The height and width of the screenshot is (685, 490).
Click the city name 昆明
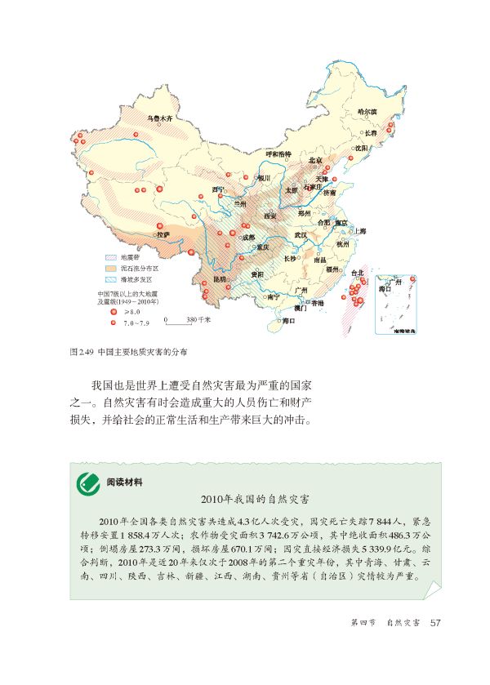tap(219, 278)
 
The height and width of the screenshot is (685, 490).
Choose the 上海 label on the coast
tap(359, 231)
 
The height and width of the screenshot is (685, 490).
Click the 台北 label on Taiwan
tap(356, 273)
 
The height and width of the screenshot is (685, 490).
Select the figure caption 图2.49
tap(82, 353)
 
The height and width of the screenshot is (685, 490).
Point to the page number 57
tap(435, 623)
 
